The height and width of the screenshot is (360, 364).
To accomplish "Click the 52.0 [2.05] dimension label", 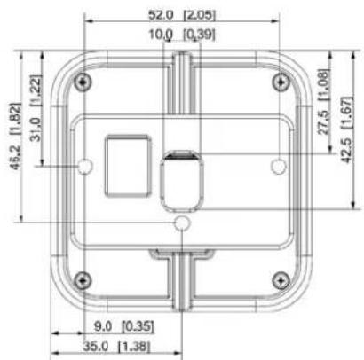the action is tap(182, 15).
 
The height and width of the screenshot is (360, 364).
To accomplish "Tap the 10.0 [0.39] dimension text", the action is tap(182, 35).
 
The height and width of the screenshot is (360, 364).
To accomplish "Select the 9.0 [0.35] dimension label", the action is tap(124, 326).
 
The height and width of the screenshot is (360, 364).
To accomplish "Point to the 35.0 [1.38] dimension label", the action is tap(116, 346).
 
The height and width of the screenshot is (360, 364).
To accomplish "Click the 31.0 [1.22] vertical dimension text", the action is tap(36, 108).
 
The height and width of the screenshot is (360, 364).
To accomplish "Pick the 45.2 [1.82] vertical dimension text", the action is tap(15, 136).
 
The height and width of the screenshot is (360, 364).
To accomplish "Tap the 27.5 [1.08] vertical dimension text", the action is tap(323, 102).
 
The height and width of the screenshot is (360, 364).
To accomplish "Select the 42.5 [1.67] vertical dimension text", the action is tap(347, 129).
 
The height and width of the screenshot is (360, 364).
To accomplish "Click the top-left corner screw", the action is tap(83, 82).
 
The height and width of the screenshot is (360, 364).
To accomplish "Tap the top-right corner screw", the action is tap(281, 82).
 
